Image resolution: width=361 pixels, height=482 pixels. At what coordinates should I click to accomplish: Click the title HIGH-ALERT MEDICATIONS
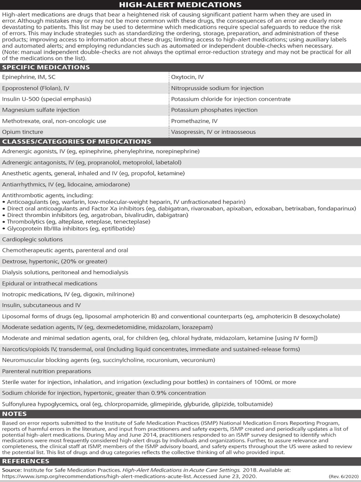[180, 5]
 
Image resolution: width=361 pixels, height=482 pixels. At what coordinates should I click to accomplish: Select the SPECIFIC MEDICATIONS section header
[46, 67]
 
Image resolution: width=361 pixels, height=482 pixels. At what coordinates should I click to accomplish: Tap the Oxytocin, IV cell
[188, 77]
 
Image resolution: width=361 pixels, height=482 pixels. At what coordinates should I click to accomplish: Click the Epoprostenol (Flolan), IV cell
[36, 88]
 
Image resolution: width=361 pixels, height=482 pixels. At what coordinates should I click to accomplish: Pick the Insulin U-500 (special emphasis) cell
[47, 99]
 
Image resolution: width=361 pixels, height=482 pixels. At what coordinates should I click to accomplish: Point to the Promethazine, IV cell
[194, 121]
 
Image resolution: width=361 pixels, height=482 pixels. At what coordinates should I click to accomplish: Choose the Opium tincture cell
[23, 132]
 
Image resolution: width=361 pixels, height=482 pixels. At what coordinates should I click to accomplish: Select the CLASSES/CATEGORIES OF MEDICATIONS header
[77, 142]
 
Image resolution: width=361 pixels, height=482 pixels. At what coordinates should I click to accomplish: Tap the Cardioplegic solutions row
[32, 240]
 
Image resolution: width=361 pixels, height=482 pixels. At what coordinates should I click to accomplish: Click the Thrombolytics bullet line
[71, 222]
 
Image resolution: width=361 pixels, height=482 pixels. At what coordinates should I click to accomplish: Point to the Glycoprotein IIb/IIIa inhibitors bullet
[71, 228]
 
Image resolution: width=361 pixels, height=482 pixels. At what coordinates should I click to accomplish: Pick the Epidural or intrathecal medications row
[50, 283]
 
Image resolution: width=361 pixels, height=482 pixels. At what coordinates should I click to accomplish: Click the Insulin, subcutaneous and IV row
[41, 305]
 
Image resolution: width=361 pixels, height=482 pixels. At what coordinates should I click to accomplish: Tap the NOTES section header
[15, 414]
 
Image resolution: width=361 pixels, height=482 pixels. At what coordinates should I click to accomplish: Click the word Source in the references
[11, 470]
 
